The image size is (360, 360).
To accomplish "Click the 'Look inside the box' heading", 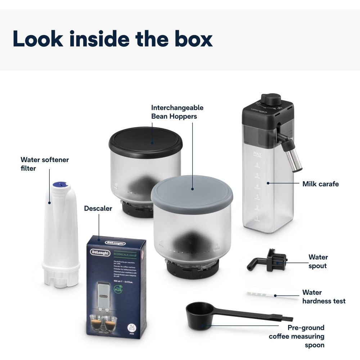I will pyautogui.click(x=112, y=39).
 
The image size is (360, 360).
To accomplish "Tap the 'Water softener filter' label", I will pyautogui.click(x=44, y=163).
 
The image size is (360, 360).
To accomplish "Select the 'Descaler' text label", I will pyautogui.click(x=98, y=208).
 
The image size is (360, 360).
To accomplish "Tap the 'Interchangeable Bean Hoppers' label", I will pyautogui.click(x=177, y=112).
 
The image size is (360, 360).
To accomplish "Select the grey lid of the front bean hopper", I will pyautogui.click(x=192, y=189).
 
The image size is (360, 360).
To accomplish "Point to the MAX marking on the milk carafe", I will pyautogui.click(x=257, y=154).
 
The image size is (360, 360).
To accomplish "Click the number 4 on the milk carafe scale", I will pyautogui.click(x=257, y=186).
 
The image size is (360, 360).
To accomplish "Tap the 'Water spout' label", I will pyautogui.click(x=318, y=261).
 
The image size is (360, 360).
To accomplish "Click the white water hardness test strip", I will pyautogui.click(x=261, y=295).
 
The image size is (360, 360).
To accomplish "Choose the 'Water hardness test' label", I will pyautogui.click(x=324, y=297).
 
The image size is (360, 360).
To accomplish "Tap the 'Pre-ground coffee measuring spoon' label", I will pyautogui.click(x=297, y=336).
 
